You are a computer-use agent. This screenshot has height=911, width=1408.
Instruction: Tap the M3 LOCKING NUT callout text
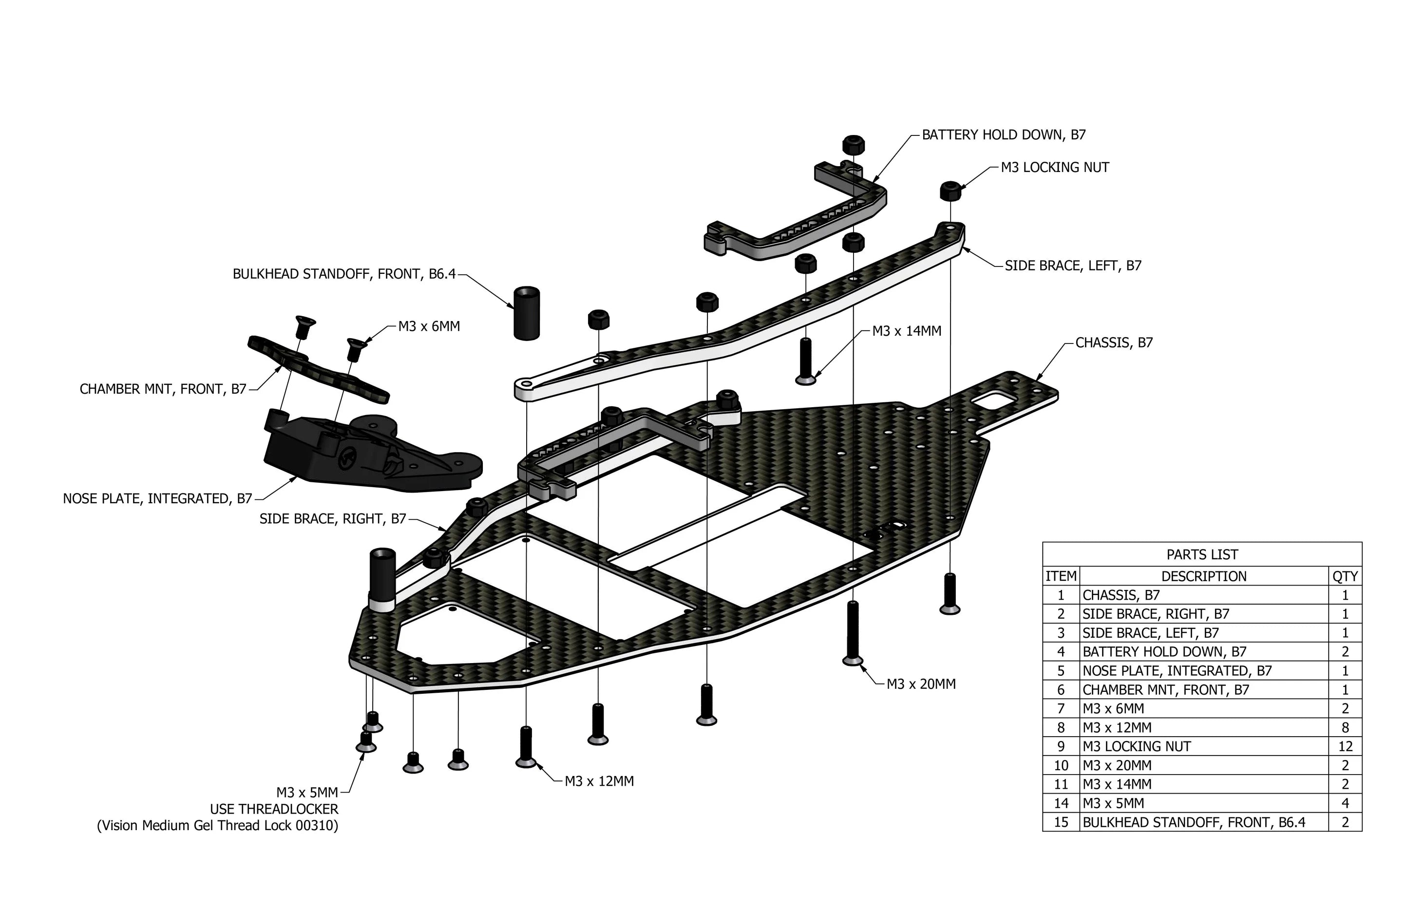click(1055, 168)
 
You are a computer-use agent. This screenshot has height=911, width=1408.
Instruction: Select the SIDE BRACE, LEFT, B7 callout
click(1073, 266)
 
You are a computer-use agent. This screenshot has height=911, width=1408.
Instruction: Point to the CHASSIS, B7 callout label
click(1114, 342)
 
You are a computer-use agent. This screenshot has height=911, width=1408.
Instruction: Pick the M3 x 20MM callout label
click(921, 684)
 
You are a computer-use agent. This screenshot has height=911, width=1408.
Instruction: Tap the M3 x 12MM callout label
click(599, 781)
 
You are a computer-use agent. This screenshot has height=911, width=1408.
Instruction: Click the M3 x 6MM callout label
click(429, 326)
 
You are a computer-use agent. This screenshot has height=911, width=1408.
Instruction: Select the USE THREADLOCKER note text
click(274, 809)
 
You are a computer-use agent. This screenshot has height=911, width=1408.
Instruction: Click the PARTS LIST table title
click(1202, 554)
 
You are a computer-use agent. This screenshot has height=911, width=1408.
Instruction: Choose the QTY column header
click(1345, 576)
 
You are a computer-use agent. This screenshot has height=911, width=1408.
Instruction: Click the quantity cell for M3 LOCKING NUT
click(1345, 746)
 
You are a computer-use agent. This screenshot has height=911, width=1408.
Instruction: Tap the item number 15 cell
click(1061, 822)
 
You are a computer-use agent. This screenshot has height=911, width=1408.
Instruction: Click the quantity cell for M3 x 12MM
click(1345, 728)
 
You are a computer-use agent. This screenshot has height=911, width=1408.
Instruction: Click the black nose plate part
click(367, 453)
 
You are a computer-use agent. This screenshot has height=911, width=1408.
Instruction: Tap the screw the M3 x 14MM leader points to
click(806, 361)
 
